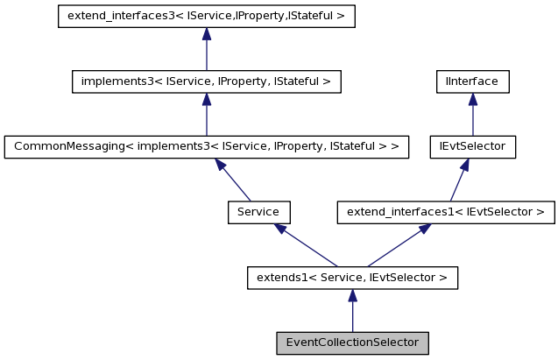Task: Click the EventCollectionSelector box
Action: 352,342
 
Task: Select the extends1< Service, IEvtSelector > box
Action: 352,278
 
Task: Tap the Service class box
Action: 258,212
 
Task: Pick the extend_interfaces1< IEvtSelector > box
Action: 446,212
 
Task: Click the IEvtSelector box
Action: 473,146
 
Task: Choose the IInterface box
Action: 473,81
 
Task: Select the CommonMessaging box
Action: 206,146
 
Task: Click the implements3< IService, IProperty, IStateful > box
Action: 206,81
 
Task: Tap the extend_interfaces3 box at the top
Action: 206,17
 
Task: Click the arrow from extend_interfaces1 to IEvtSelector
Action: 460,180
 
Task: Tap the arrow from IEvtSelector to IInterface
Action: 473,114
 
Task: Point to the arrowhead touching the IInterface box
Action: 473,99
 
